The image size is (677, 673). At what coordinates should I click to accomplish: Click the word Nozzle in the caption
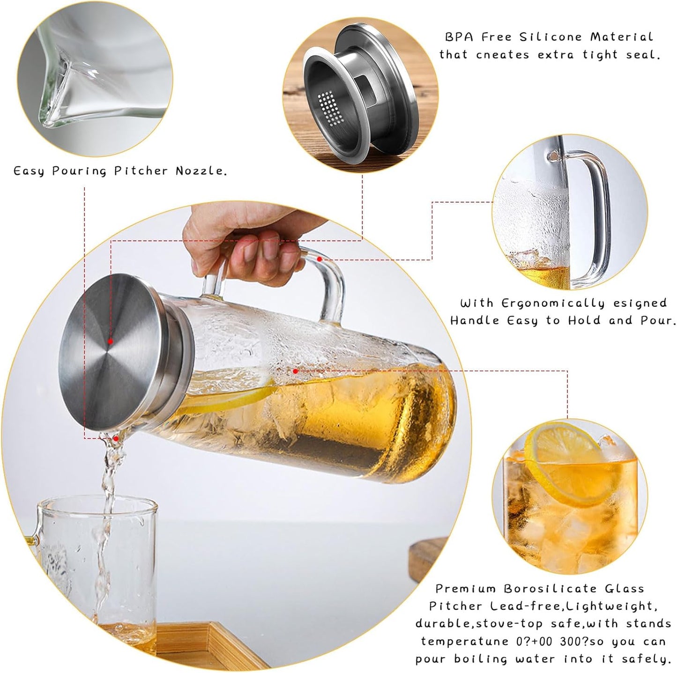point(201,171)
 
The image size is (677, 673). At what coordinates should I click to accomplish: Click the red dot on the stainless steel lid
point(110,341)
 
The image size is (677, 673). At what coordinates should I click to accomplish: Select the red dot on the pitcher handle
point(320,258)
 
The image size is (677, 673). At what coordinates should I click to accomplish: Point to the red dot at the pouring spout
point(116,438)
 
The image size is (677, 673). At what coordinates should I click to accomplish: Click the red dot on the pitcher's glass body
point(295,371)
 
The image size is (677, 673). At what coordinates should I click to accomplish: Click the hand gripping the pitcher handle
point(244,244)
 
